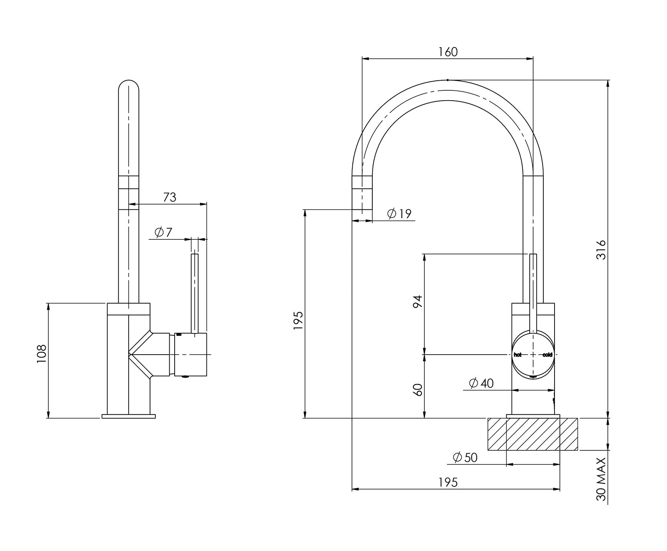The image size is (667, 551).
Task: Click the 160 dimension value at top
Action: pos(448,51)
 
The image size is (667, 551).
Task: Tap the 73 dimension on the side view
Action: pos(170,197)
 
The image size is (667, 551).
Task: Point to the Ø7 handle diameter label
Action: pos(163,232)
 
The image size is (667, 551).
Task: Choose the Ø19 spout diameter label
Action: pos(399,214)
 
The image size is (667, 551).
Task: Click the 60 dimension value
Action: pos(418,390)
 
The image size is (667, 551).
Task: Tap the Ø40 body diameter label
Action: pos(481,383)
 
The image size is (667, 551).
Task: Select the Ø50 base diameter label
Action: pos(465,457)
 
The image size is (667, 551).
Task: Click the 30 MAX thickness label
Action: pos(601,479)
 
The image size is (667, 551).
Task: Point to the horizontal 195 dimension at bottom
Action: pos(448,482)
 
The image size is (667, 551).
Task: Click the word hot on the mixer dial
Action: pos(518,355)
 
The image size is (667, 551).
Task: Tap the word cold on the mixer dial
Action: pos(547,355)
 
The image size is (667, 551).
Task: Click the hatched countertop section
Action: pos(533,434)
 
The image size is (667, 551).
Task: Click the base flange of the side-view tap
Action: pos(129,416)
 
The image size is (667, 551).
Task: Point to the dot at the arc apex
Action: pos(447,80)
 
